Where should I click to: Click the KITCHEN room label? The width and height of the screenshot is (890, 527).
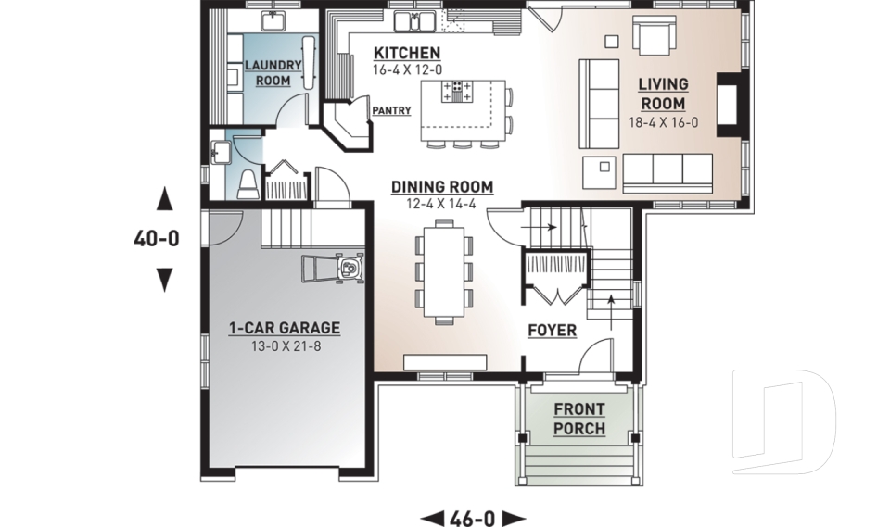(407, 53)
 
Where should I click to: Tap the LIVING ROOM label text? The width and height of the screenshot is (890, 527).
(663, 94)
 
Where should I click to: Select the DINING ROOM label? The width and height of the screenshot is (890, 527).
(441, 187)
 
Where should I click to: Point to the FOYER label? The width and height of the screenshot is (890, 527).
(553, 331)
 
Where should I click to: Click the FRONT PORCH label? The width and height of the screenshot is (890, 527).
(579, 420)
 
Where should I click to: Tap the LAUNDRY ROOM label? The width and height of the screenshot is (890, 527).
(273, 73)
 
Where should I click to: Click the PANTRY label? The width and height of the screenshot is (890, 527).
(391, 110)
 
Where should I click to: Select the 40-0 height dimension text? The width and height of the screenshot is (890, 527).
(157, 239)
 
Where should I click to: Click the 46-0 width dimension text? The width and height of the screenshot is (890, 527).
(473, 518)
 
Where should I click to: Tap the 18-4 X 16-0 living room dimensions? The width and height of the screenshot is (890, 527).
(663, 122)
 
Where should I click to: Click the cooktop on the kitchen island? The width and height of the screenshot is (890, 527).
(458, 92)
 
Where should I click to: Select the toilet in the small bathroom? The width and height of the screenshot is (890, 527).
(248, 185)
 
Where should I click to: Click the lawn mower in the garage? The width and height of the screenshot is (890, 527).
(334, 270)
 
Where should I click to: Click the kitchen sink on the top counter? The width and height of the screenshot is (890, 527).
(413, 21)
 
